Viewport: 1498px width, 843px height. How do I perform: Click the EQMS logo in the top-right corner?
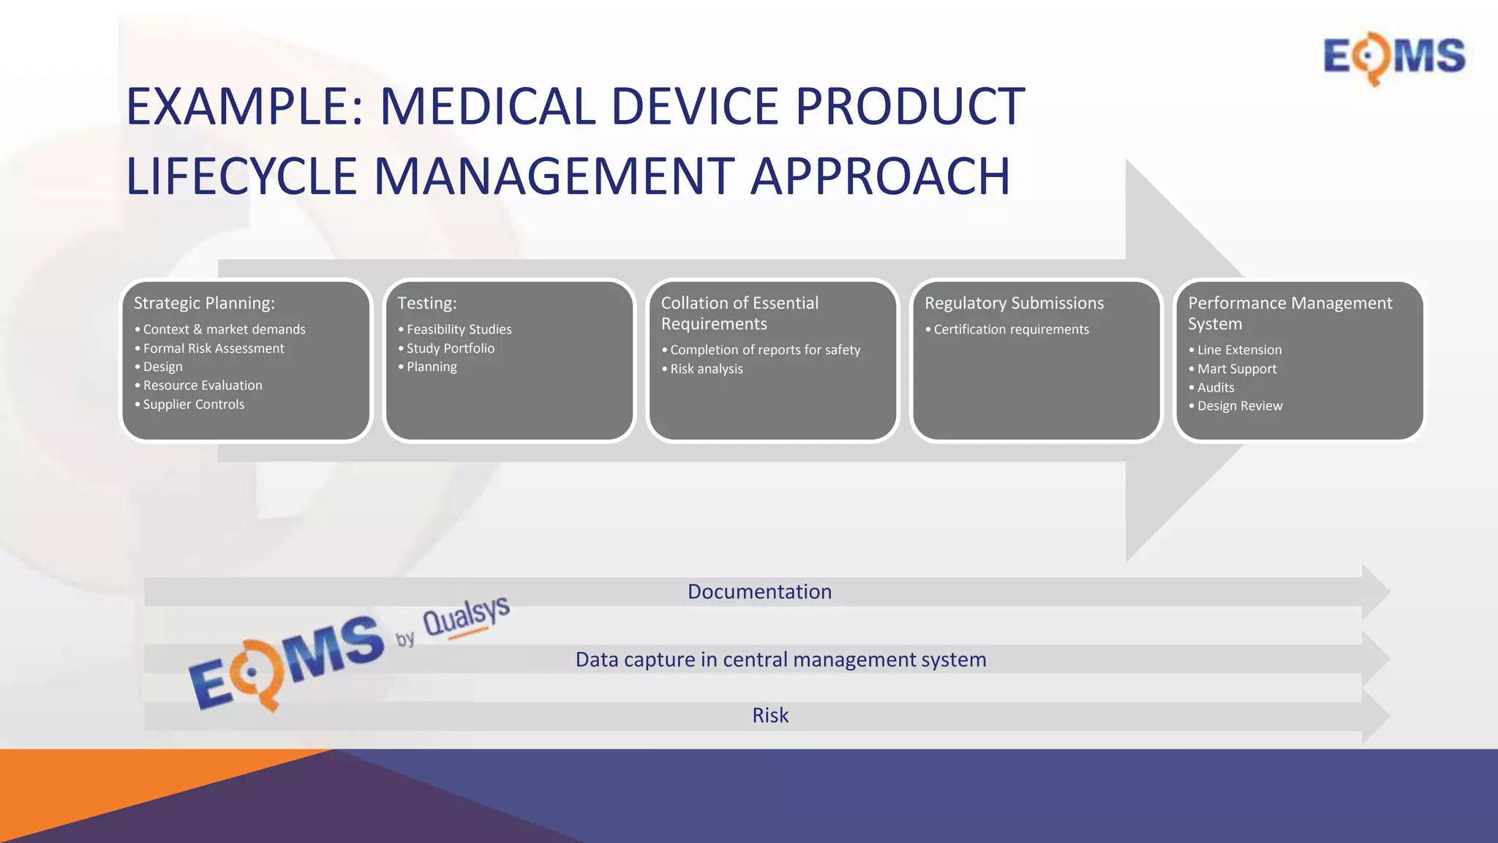tap(1394, 57)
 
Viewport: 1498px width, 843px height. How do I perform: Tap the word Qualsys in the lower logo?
tap(466, 615)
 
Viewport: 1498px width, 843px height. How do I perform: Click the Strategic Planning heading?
tap(204, 303)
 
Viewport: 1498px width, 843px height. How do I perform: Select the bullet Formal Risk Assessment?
tap(213, 348)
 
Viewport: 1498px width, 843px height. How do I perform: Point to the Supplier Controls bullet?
tap(193, 404)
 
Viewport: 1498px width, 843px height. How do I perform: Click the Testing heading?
tap(426, 303)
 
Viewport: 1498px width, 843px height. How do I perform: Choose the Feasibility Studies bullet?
tap(459, 329)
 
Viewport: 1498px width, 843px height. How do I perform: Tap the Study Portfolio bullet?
tap(450, 348)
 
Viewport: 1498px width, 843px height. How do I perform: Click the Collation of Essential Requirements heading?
tap(739, 313)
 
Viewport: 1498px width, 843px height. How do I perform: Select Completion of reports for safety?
tap(764, 350)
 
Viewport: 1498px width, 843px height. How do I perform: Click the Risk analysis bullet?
tap(706, 369)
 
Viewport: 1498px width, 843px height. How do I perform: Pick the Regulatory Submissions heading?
tap(1014, 303)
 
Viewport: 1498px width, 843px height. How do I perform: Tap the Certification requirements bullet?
tap(1011, 329)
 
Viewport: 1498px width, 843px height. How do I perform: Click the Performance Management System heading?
tap(1289, 313)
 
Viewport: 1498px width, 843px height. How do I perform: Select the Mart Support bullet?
tap(1236, 369)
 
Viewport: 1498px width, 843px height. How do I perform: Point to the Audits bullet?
tap(1215, 387)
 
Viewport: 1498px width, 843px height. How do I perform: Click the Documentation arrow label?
tap(759, 591)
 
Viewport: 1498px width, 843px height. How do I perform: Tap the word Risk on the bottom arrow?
tap(770, 715)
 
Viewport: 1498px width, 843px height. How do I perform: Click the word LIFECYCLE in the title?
tap(242, 176)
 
